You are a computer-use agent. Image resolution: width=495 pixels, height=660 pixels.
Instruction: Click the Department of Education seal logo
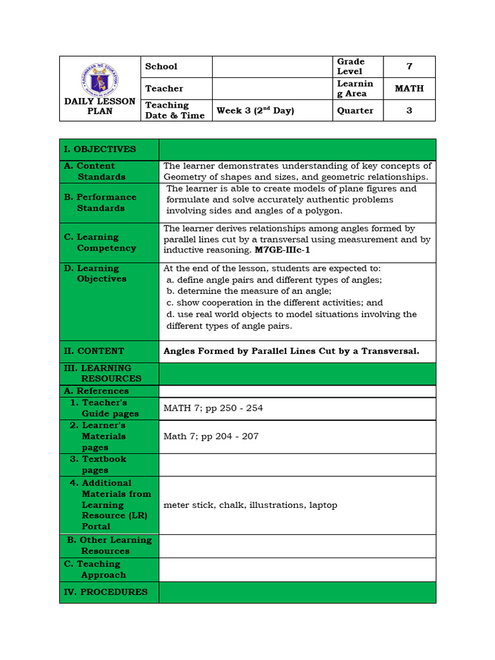100,79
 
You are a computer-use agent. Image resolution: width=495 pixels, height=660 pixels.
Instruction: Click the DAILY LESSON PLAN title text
100,106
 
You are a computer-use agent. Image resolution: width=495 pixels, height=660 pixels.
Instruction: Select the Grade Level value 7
409,66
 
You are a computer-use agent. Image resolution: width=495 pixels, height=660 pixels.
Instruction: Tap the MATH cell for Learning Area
409,88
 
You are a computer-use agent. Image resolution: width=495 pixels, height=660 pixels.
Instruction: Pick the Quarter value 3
409,110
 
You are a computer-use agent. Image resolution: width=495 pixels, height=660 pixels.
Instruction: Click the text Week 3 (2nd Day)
255,110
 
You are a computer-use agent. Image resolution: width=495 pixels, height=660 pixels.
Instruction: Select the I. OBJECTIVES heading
100,149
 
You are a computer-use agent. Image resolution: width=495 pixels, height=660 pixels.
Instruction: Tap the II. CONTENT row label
94,351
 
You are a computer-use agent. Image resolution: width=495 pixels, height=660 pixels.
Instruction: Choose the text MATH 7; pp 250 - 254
213,408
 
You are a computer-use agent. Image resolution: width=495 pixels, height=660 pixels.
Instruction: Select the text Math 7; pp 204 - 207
211,436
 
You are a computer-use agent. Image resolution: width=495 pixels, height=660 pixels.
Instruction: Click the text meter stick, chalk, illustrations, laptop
251,505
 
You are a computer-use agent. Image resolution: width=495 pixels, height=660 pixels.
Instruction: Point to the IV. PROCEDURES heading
106,592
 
